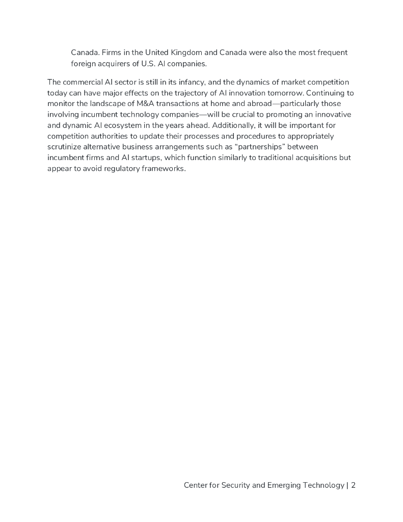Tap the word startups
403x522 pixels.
pyautogui.click(x=144, y=158)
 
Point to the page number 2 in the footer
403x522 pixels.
pyautogui.click(x=353, y=485)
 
